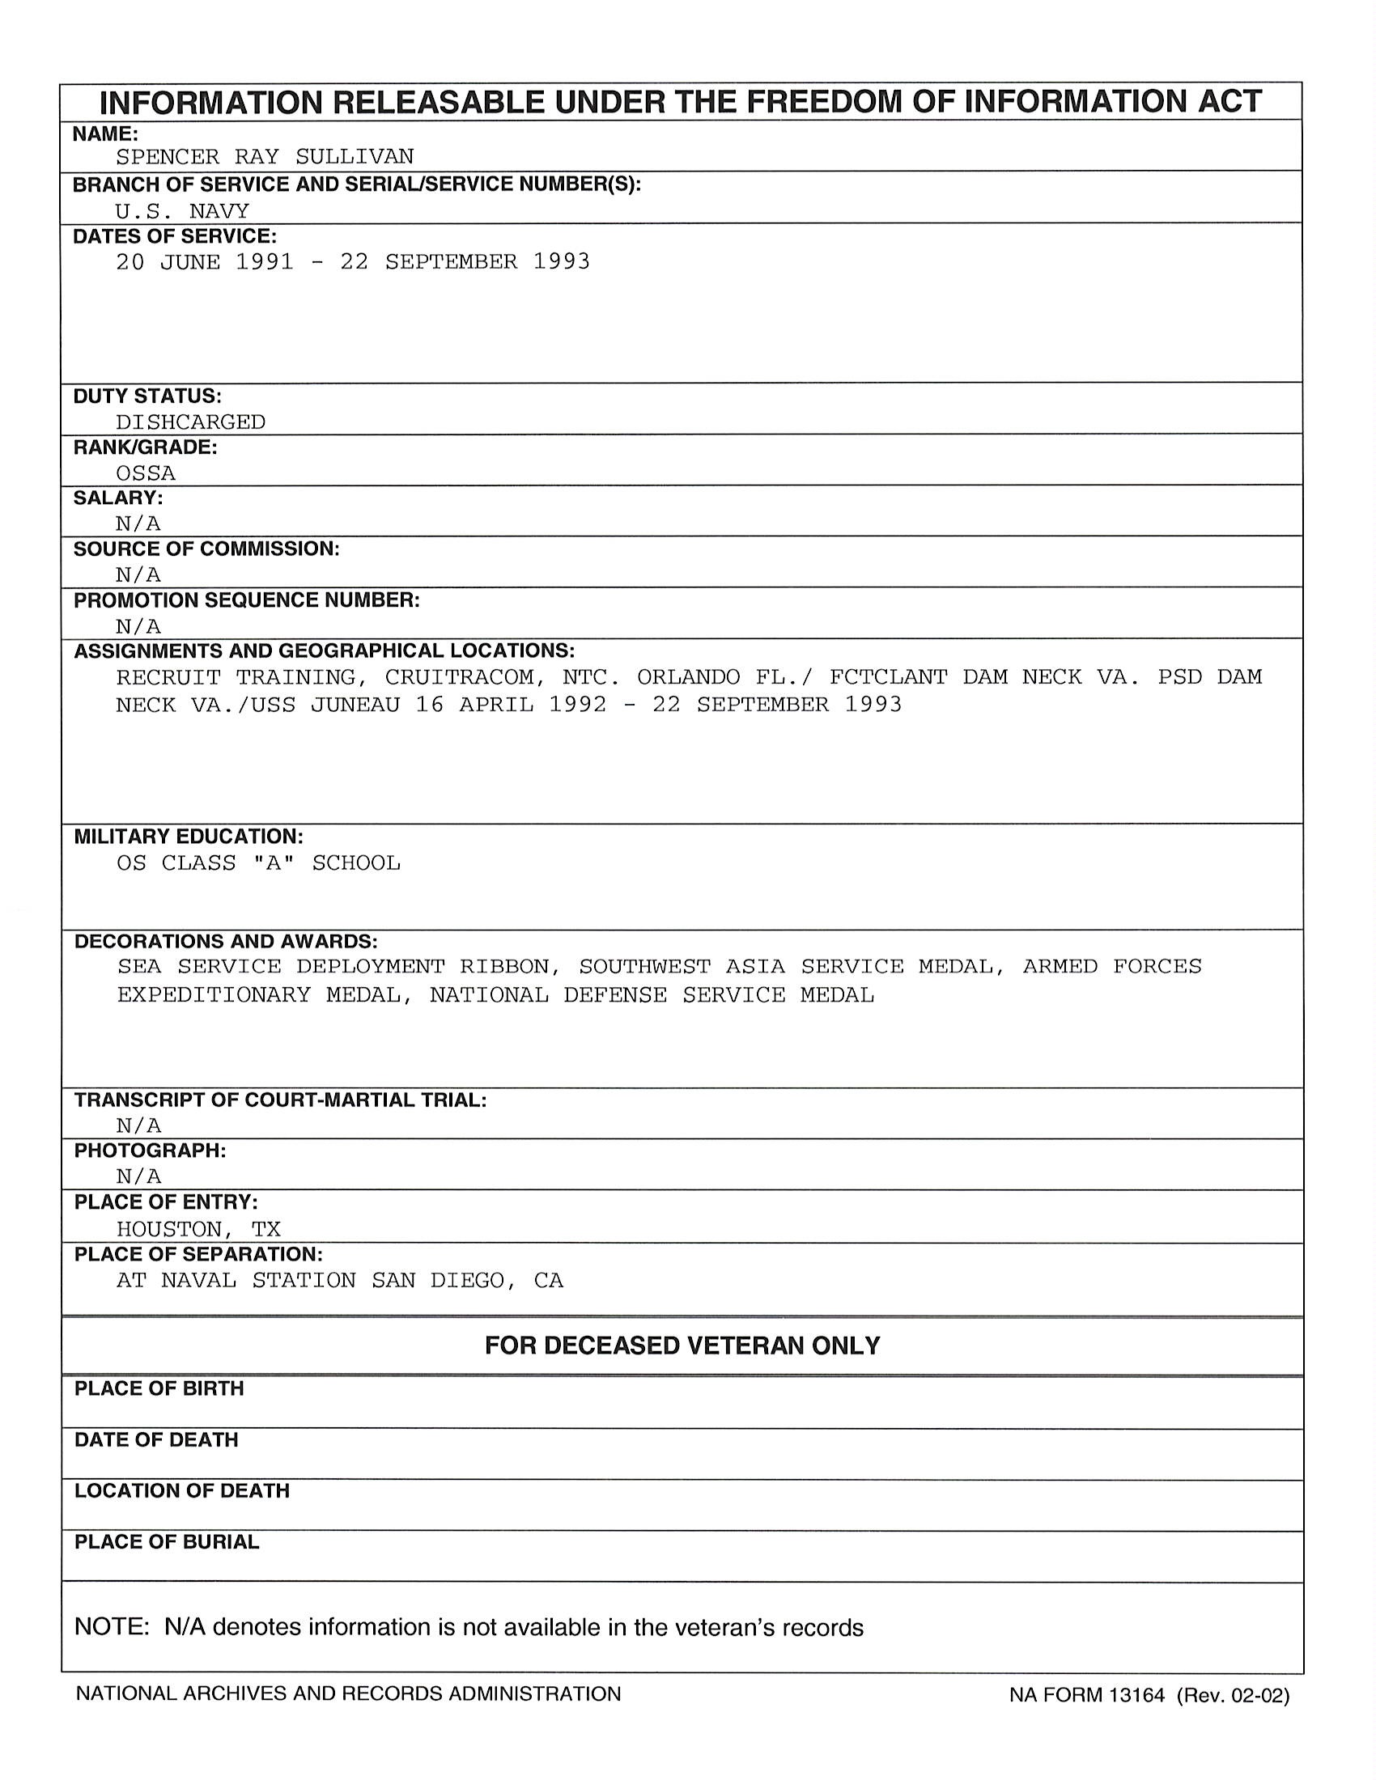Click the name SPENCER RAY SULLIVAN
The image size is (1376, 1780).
tap(264, 156)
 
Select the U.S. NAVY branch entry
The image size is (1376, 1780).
tap(182, 211)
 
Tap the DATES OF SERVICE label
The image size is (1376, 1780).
tap(175, 236)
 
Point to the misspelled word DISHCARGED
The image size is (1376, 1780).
tap(190, 422)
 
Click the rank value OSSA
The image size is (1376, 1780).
tap(146, 473)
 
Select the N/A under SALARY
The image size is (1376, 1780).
tap(138, 523)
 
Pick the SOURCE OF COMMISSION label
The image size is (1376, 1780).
tap(206, 549)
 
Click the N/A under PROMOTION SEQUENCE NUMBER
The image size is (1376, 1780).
tap(138, 627)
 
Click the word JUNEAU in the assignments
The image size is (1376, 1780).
tap(355, 704)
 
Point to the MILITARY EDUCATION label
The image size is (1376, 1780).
tap(189, 837)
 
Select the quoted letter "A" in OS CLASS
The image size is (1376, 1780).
tap(273, 863)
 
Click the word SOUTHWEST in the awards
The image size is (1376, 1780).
tap(644, 967)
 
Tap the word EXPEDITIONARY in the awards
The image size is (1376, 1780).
tap(214, 995)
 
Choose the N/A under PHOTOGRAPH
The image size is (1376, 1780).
tap(138, 1176)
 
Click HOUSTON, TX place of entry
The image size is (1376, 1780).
tap(198, 1229)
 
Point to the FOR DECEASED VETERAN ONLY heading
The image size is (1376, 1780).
tap(682, 1346)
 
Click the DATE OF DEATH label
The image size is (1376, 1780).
tap(155, 1440)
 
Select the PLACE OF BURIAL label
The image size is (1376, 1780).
tap(166, 1542)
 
